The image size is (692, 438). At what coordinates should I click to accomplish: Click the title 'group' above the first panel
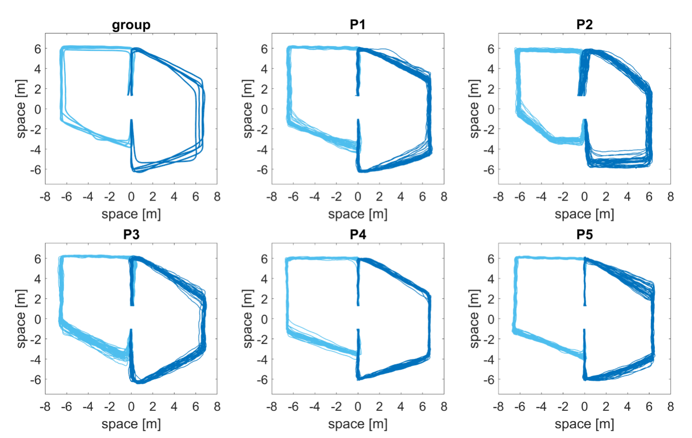[x=131, y=25]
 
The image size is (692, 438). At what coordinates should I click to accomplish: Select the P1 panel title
[x=358, y=25]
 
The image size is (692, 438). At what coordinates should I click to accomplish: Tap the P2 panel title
[x=584, y=25]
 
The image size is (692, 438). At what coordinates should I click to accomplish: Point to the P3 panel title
[x=131, y=235]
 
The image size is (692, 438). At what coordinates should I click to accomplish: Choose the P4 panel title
[x=358, y=235]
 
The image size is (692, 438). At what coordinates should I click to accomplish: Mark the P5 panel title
[x=584, y=235]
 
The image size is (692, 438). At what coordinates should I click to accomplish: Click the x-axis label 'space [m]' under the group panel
[x=131, y=214]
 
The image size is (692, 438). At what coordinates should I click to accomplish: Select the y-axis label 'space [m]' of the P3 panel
[x=21, y=319]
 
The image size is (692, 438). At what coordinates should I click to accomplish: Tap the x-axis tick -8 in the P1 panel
[x=271, y=197]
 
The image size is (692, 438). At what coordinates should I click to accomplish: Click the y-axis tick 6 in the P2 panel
[x=491, y=48]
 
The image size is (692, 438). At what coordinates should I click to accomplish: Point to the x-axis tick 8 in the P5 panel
[x=670, y=407]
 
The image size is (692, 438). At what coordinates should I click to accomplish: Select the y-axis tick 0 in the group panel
[x=38, y=109]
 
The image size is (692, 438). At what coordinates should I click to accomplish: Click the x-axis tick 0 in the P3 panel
[x=131, y=407]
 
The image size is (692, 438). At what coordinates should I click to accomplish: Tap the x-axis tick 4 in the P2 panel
[x=627, y=197]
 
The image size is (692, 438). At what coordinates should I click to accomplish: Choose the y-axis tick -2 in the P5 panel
[x=488, y=339]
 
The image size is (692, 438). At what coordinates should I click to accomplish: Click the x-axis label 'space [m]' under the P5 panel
[x=584, y=423]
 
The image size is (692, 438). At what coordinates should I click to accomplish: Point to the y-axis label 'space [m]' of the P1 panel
[x=247, y=109]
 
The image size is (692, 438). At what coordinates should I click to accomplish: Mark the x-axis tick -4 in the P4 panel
[x=315, y=407]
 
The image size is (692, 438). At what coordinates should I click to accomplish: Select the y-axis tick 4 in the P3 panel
[x=38, y=279]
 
